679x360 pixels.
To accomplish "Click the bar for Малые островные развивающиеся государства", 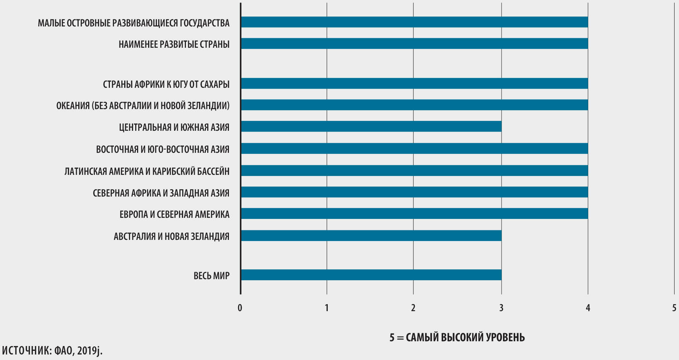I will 414,22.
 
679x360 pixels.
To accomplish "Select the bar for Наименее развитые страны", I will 414,44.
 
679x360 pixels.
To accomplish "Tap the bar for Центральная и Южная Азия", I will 371,126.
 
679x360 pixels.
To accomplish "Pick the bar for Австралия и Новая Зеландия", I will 371,235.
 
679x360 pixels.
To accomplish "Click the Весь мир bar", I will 371,275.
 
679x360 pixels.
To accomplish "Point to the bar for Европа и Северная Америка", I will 414,214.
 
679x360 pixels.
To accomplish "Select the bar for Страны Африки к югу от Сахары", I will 414,83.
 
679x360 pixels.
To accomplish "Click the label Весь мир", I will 211,276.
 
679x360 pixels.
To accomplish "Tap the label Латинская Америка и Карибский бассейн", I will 147,171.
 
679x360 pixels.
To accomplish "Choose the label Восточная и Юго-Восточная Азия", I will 162,150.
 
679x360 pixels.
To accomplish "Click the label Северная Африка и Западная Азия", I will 161,193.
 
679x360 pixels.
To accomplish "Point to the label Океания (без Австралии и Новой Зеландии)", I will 143,106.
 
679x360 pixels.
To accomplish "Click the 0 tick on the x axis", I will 240,308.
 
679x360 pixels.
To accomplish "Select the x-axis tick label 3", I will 501,308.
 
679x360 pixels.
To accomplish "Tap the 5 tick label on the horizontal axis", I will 674,308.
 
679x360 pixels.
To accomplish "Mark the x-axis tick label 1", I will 327,308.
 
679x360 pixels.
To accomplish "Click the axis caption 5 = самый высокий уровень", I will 457,337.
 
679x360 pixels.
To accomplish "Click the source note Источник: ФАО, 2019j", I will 52,350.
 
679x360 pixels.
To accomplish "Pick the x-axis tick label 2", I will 413,308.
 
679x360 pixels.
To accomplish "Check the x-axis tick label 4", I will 588,308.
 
